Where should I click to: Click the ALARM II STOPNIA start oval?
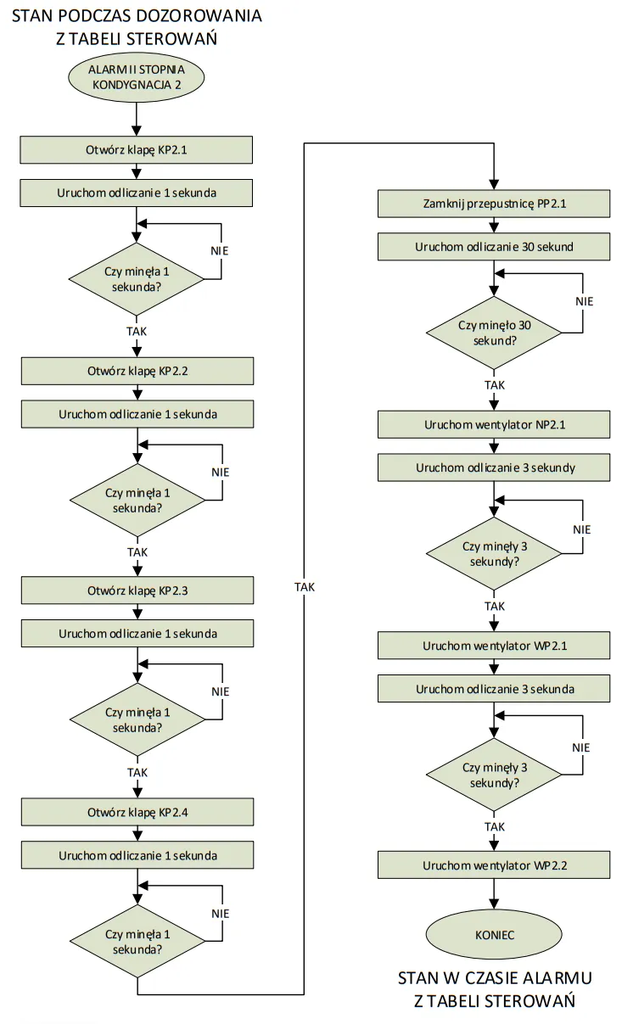click(x=137, y=76)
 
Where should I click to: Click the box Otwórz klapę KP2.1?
click(x=137, y=150)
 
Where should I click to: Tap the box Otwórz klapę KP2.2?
click(x=137, y=371)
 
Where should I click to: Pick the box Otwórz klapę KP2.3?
click(x=137, y=590)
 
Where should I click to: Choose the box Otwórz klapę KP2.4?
click(x=137, y=812)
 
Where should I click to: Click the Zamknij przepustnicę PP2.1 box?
click(x=494, y=204)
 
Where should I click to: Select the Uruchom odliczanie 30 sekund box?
click(x=494, y=247)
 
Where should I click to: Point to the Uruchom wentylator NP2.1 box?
click(x=494, y=425)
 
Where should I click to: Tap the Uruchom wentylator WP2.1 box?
click(x=494, y=646)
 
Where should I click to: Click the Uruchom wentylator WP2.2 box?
click(x=494, y=866)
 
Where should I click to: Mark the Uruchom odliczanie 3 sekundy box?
click(x=494, y=467)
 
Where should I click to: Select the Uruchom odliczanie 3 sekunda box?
click(x=494, y=688)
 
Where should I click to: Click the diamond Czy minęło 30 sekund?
click(x=494, y=333)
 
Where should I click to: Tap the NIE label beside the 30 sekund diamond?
click(x=584, y=301)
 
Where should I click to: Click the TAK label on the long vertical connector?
click(x=304, y=586)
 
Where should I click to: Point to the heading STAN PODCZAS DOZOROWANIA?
click(x=137, y=16)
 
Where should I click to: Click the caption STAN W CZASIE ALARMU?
click(x=494, y=978)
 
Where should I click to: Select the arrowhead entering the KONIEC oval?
click(x=494, y=907)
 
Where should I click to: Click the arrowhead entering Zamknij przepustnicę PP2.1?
click(x=494, y=187)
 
